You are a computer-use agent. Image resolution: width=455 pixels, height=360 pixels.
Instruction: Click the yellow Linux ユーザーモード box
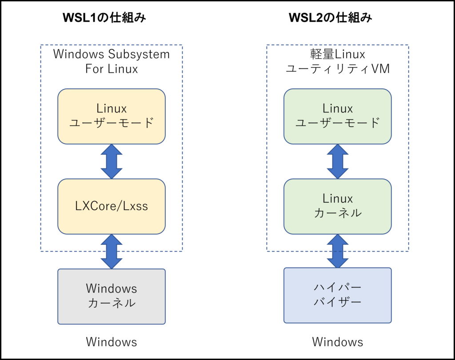(x=111, y=116)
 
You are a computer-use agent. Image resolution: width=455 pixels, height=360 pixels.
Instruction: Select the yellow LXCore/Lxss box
(x=111, y=206)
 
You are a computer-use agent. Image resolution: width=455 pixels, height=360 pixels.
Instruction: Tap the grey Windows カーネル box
(x=111, y=296)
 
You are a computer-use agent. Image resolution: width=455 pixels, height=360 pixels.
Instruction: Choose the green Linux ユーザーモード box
(x=337, y=116)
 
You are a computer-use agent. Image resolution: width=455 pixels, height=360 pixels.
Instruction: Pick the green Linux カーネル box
(x=337, y=206)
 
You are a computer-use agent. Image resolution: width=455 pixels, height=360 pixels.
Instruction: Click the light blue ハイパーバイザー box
(x=337, y=295)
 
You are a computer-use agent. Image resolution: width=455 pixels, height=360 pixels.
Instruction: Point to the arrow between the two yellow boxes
(x=111, y=161)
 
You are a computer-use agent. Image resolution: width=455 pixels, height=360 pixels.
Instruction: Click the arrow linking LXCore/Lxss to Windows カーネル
(x=111, y=252)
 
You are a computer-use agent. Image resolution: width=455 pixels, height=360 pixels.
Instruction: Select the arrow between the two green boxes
(x=337, y=161)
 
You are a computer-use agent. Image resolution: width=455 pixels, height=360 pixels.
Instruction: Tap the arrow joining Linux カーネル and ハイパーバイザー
(x=337, y=251)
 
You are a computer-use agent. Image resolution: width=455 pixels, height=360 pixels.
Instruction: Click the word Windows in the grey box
(x=111, y=288)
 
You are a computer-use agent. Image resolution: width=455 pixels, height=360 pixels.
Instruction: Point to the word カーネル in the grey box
(x=111, y=304)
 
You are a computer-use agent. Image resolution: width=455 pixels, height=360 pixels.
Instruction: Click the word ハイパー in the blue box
(x=337, y=287)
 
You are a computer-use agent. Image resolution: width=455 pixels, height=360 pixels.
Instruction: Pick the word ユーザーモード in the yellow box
(x=111, y=123)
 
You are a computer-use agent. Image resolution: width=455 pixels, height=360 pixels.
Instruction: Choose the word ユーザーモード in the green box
(x=337, y=123)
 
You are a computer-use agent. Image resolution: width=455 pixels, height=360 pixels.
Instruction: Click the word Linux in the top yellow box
(x=111, y=108)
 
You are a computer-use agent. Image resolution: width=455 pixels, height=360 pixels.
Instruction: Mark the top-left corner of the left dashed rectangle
(x=41, y=45)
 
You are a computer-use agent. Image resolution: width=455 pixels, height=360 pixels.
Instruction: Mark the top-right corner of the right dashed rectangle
(x=408, y=45)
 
